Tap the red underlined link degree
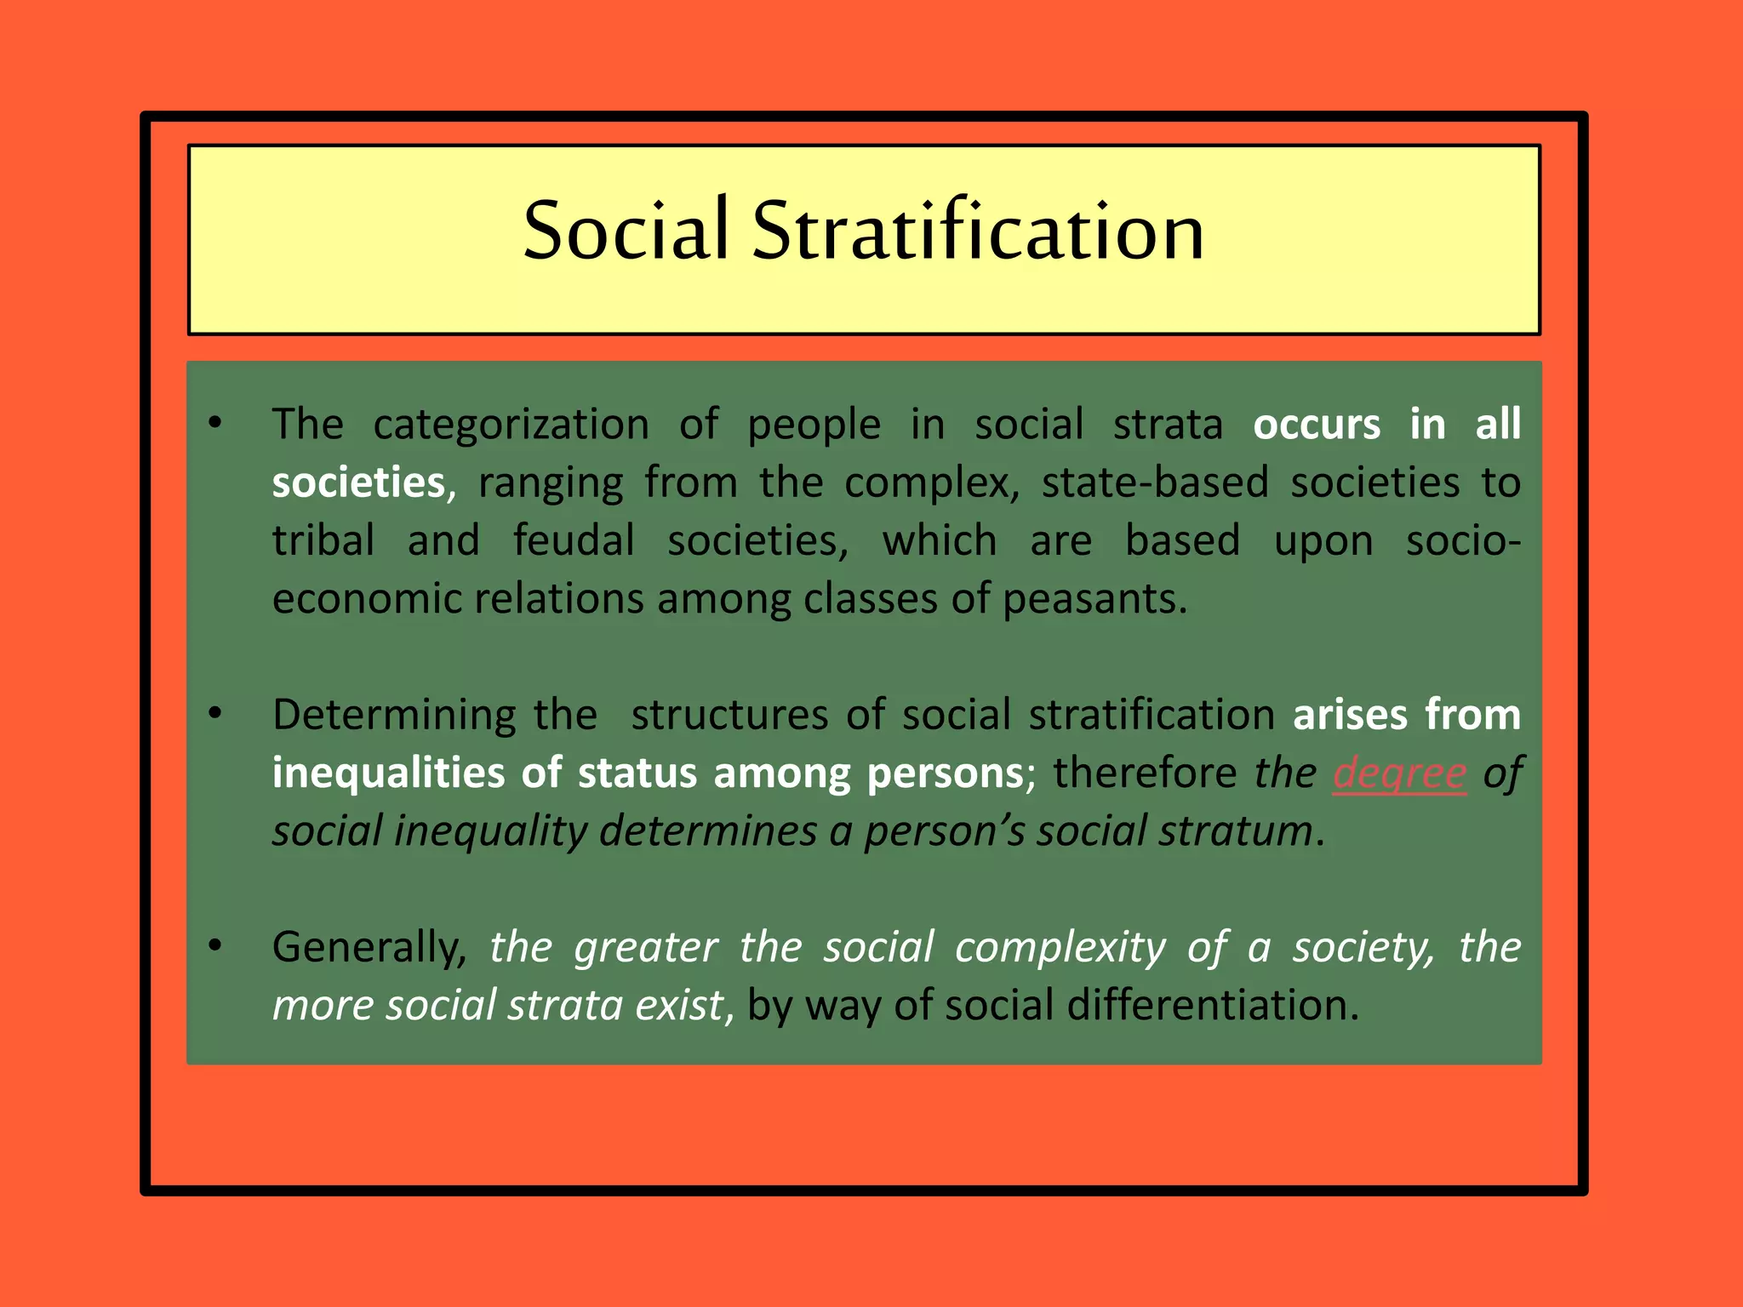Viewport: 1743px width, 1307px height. point(1399,773)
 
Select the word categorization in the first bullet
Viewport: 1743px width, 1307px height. point(511,425)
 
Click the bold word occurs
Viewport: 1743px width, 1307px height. point(1316,425)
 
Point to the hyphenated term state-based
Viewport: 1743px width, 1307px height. point(1155,482)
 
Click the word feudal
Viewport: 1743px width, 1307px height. point(574,541)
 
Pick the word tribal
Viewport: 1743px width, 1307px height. point(323,541)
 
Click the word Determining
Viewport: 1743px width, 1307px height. point(393,715)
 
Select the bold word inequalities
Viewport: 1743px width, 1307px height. point(388,773)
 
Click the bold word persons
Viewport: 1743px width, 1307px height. point(945,773)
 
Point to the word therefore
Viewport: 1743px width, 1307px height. point(1144,773)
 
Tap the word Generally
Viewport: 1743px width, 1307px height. point(367,947)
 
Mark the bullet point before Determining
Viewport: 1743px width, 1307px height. point(215,713)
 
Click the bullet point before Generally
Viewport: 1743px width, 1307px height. point(215,945)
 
